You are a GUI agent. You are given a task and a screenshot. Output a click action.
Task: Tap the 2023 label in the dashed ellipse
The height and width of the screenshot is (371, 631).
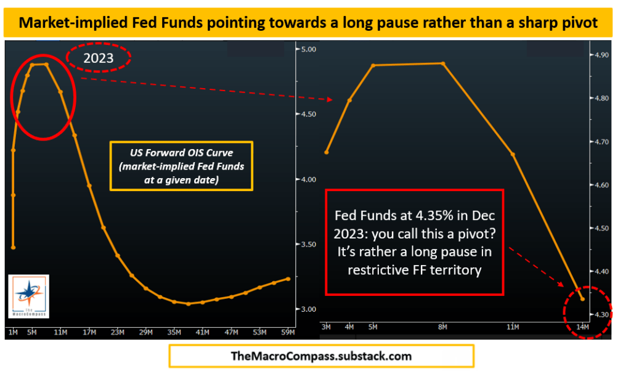(99, 59)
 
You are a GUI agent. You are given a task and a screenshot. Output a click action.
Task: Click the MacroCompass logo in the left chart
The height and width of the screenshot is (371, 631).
(29, 296)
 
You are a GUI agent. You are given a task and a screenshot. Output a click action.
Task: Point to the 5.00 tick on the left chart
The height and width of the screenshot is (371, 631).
(306, 49)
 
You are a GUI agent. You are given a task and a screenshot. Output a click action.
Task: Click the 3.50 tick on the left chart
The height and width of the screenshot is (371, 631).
(306, 245)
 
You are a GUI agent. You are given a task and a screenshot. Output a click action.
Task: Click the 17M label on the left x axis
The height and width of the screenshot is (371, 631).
(89, 332)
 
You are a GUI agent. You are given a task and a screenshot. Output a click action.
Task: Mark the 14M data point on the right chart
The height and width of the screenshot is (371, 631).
(582, 300)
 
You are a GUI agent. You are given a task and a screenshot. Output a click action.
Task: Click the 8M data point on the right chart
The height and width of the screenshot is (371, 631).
(443, 63)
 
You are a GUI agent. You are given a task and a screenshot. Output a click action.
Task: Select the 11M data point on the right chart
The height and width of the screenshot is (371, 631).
(513, 154)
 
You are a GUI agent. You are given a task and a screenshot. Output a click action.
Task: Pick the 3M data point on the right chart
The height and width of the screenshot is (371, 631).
(327, 152)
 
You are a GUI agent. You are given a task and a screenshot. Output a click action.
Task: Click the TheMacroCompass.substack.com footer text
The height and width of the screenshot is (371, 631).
(321, 356)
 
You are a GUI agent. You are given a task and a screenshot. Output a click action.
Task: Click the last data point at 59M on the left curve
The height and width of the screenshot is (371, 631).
(288, 279)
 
